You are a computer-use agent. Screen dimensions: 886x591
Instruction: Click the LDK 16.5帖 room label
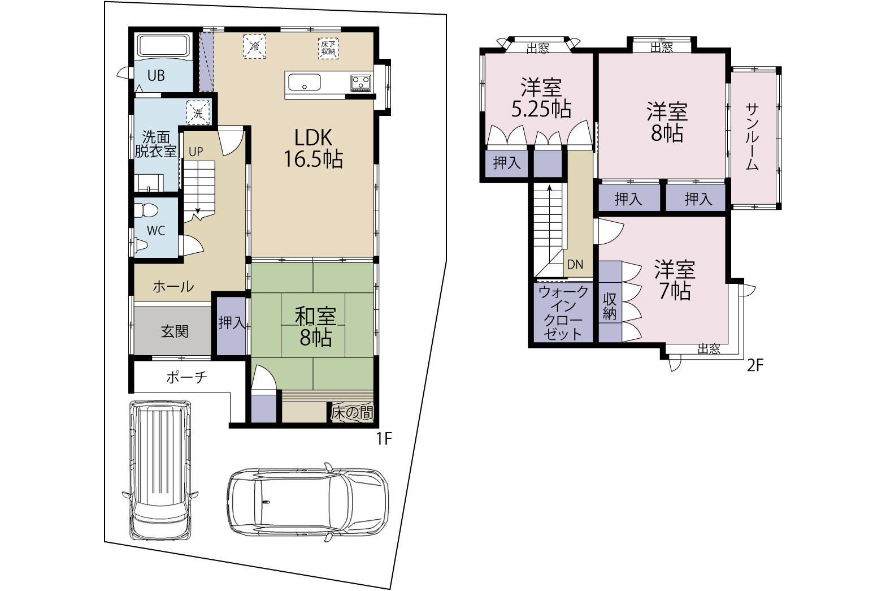pyautogui.click(x=313, y=148)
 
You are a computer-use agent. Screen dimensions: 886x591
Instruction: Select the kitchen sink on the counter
pyautogui.click(x=304, y=83)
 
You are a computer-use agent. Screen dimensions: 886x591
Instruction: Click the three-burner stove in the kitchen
pyautogui.click(x=361, y=83)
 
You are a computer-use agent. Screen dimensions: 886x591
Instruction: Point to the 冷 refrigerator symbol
pyautogui.click(x=254, y=47)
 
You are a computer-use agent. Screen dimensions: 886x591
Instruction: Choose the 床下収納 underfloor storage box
pyautogui.click(x=328, y=48)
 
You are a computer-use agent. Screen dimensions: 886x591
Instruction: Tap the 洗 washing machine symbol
pyautogui.click(x=198, y=113)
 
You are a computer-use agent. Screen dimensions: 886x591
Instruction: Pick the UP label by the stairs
pyautogui.click(x=196, y=152)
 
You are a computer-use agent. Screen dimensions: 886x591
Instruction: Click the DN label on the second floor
pyautogui.click(x=575, y=265)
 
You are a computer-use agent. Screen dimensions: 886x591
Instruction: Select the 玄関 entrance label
pyautogui.click(x=175, y=331)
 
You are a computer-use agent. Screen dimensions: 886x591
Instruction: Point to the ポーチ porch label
pyautogui.click(x=186, y=377)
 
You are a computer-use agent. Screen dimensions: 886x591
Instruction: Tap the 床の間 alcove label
pyautogui.click(x=352, y=413)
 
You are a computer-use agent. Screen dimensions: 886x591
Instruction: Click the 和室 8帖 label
pyautogui.click(x=315, y=327)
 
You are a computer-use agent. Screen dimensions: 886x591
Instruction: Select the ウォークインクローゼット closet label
pyautogui.click(x=563, y=313)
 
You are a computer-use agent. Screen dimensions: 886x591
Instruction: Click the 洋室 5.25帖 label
pyautogui.click(x=541, y=98)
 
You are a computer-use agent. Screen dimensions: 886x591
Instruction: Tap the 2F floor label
pyautogui.click(x=755, y=365)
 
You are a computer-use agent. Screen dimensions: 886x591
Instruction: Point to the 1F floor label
pyautogui.click(x=383, y=439)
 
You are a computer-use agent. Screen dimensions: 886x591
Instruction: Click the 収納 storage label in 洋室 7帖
pyautogui.click(x=610, y=307)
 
